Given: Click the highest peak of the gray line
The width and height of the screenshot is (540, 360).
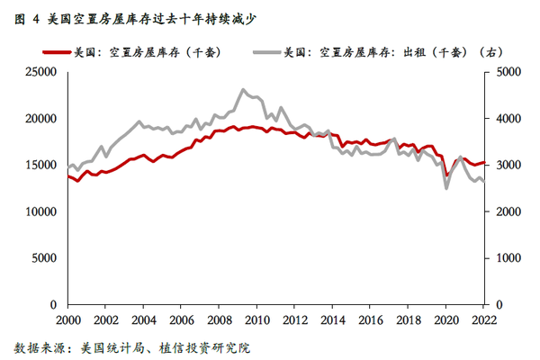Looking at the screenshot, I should click(x=243, y=90).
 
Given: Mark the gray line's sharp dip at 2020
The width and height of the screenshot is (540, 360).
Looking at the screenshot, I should click(x=446, y=188).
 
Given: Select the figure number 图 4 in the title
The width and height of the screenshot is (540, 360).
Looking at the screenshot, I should click(x=27, y=15).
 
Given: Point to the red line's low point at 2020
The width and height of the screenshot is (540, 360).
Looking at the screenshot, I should click(x=446, y=176).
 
